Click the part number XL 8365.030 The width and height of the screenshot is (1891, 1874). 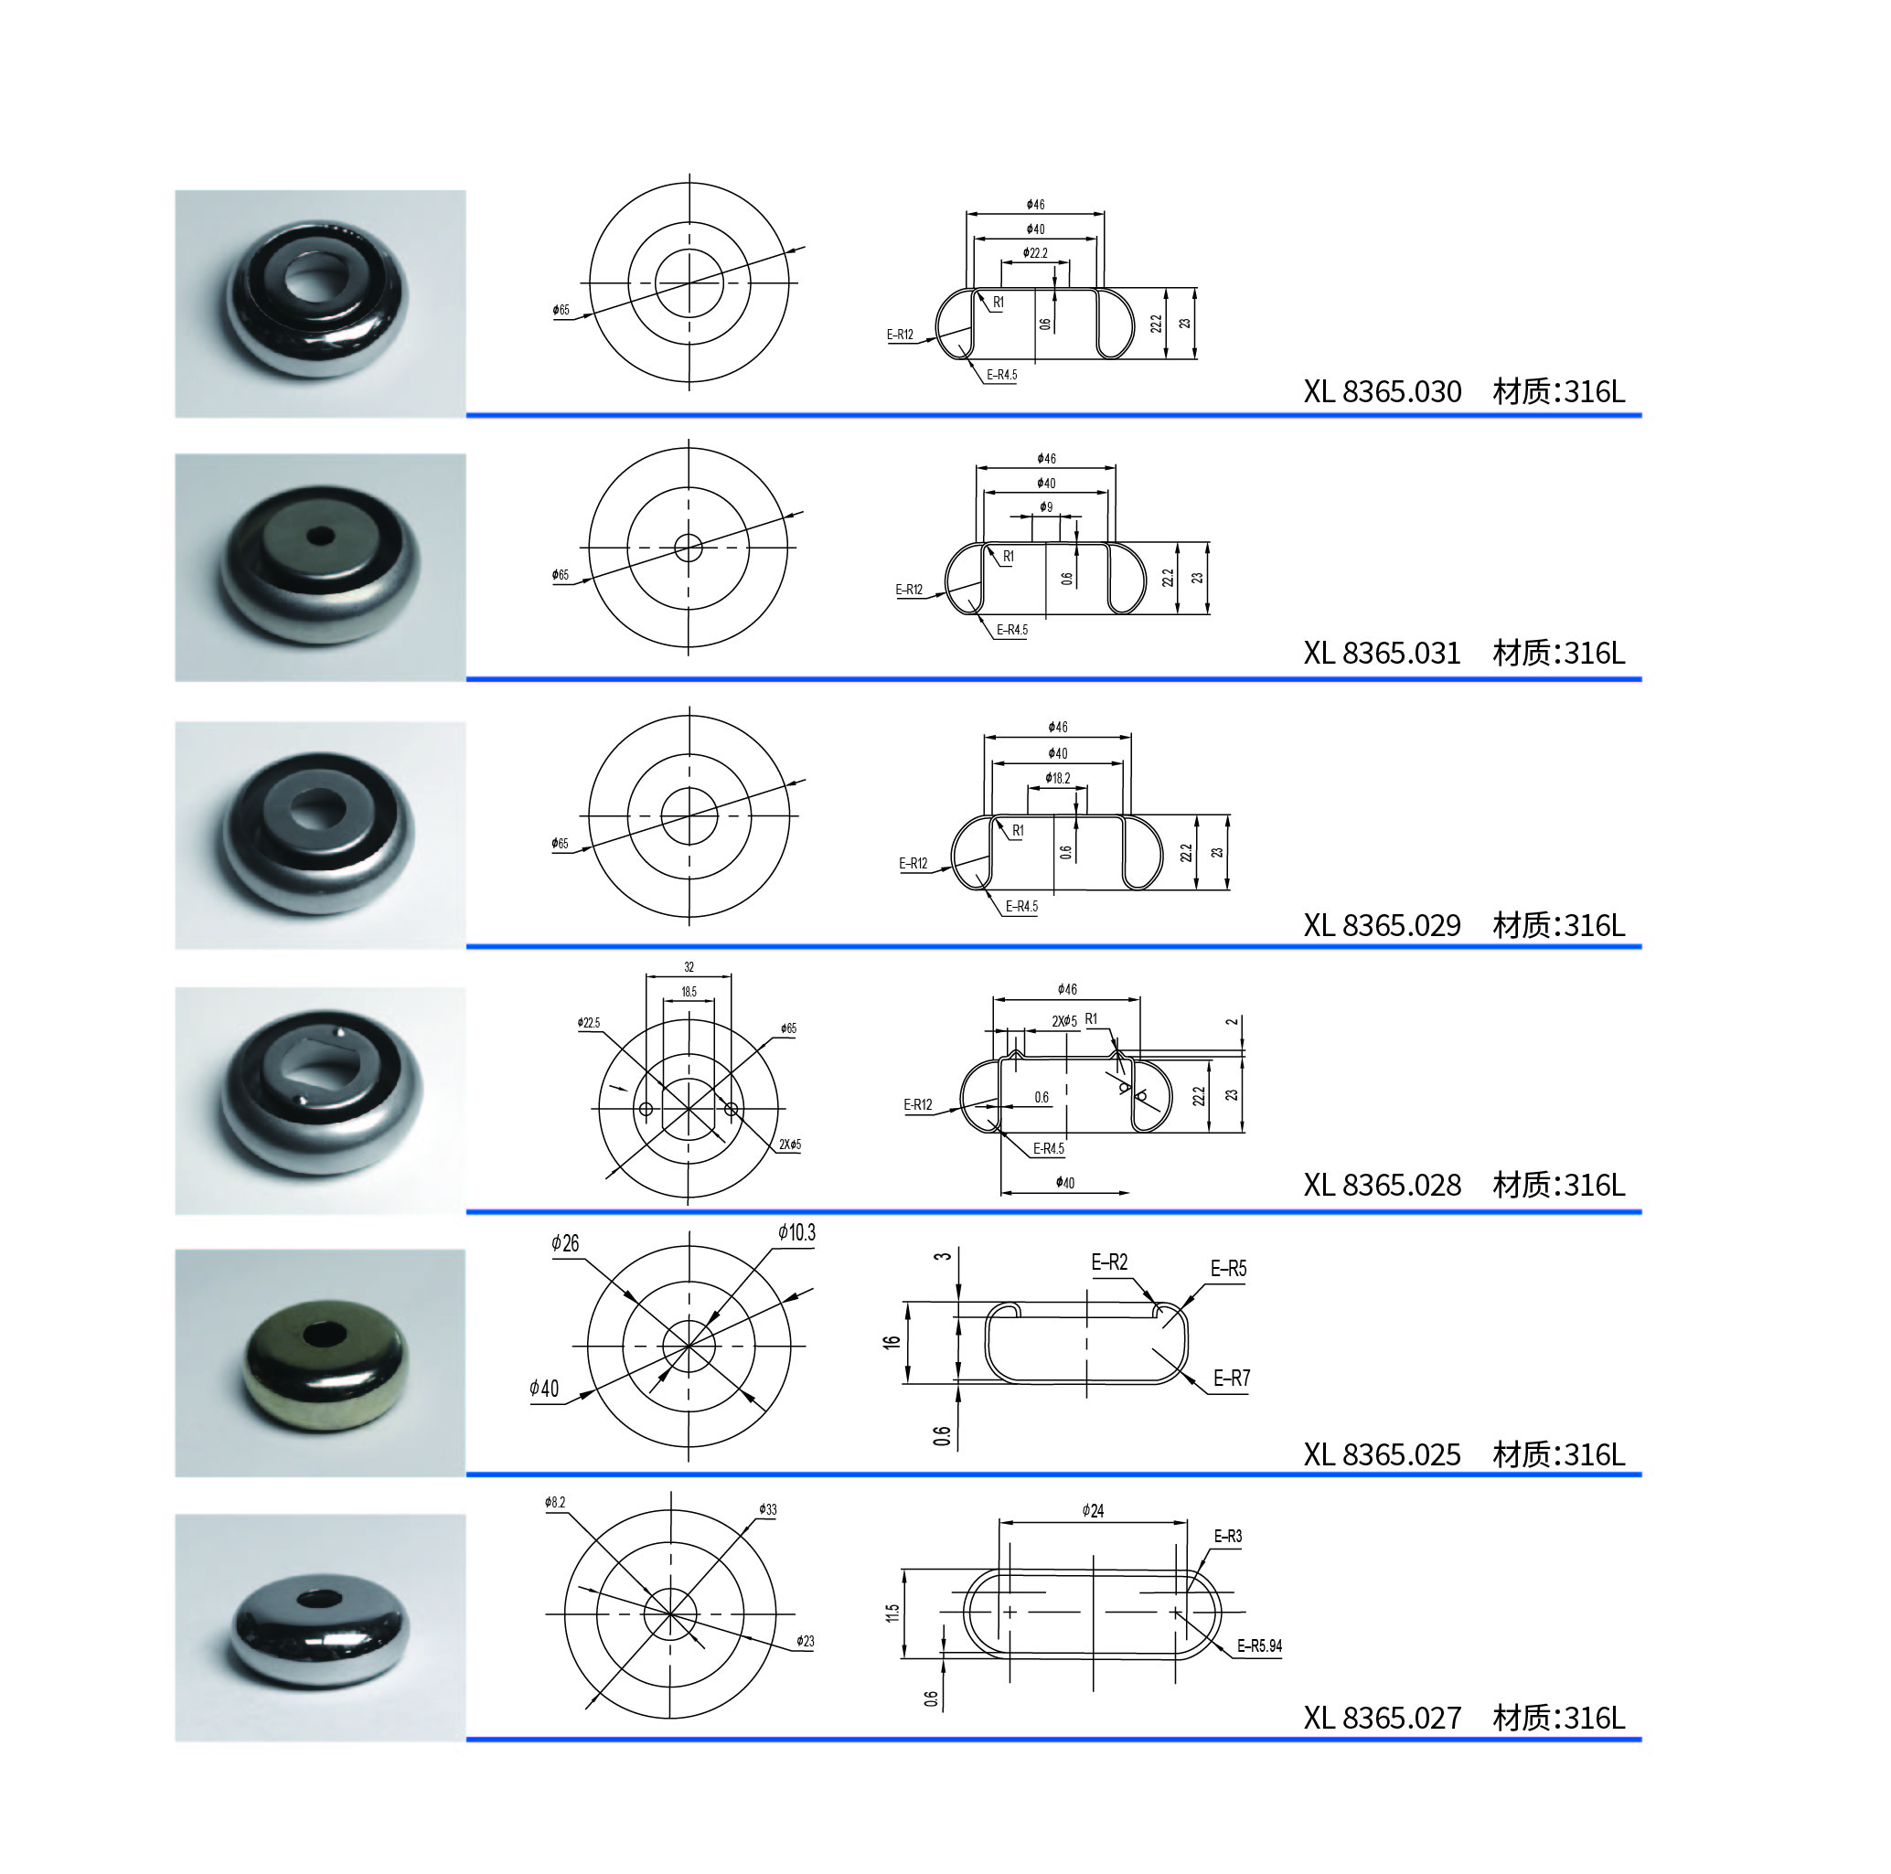click(1381, 391)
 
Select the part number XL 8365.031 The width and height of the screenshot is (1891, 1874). click(1381, 653)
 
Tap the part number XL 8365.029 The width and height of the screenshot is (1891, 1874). click(1381, 925)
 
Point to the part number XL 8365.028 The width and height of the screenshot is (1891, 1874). click(1381, 1185)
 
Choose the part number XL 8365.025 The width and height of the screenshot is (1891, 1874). click(1381, 1454)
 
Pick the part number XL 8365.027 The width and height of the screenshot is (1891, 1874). click(1381, 1718)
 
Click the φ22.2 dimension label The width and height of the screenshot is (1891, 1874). click(1034, 253)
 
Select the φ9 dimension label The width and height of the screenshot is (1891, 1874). click(1046, 507)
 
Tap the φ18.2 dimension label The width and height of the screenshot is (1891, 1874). click(1057, 778)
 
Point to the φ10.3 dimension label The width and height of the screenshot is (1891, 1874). click(796, 1233)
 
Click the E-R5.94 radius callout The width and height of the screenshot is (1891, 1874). click(1259, 1646)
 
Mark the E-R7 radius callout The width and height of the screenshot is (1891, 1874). click(1232, 1378)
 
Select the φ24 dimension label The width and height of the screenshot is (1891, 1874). click(1093, 1511)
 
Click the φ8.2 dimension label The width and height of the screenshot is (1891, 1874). click(555, 1502)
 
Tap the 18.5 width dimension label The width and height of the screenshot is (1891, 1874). click(689, 991)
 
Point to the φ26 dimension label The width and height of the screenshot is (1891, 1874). click(565, 1244)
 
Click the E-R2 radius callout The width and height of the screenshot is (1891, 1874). click(1109, 1262)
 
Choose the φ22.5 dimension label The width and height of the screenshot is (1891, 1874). click(588, 1023)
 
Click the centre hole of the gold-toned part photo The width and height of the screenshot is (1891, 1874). click(323, 1333)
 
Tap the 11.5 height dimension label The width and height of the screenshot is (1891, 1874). click(892, 1613)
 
